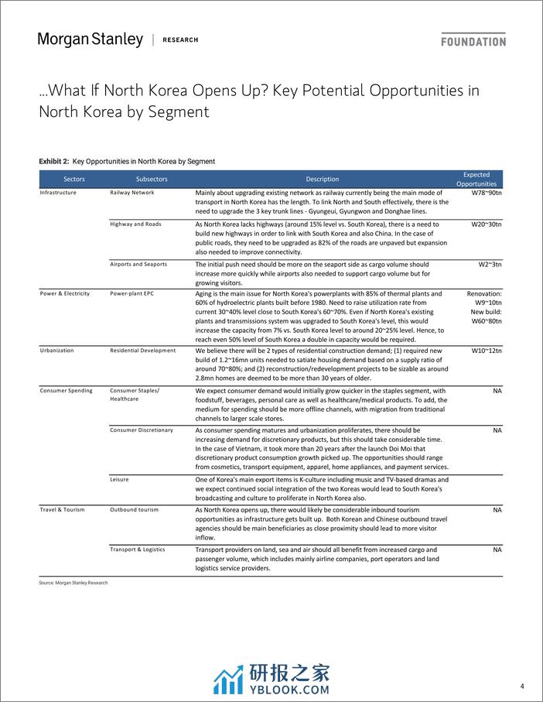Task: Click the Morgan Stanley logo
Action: tap(90, 39)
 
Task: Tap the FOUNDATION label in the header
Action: tap(473, 41)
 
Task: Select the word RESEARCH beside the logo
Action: tap(180, 40)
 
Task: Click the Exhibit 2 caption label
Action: tap(127, 161)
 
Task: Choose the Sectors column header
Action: tap(74, 179)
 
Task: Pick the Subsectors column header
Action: tap(151, 179)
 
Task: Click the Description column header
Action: tap(322, 179)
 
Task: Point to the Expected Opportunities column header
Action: tap(476, 179)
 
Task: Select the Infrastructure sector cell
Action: tap(58, 193)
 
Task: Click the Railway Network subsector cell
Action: tap(132, 193)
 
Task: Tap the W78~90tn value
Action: tap(486, 193)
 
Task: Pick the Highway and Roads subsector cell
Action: tap(135, 224)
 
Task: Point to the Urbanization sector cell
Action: tap(57, 350)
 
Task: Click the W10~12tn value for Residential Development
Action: tap(486, 351)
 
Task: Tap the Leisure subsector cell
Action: tap(119, 479)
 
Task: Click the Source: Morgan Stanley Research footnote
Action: tap(73, 582)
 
